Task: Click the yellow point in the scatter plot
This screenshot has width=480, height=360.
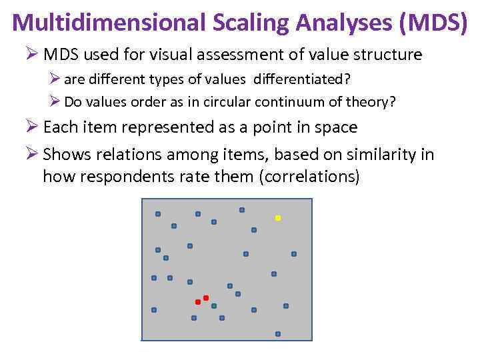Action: pyautogui.click(x=278, y=218)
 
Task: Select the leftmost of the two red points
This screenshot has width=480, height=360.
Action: pyautogui.click(x=198, y=302)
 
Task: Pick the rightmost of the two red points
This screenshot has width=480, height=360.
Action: pyautogui.click(x=206, y=297)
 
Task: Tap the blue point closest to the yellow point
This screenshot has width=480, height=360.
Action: pyautogui.click(x=254, y=230)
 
